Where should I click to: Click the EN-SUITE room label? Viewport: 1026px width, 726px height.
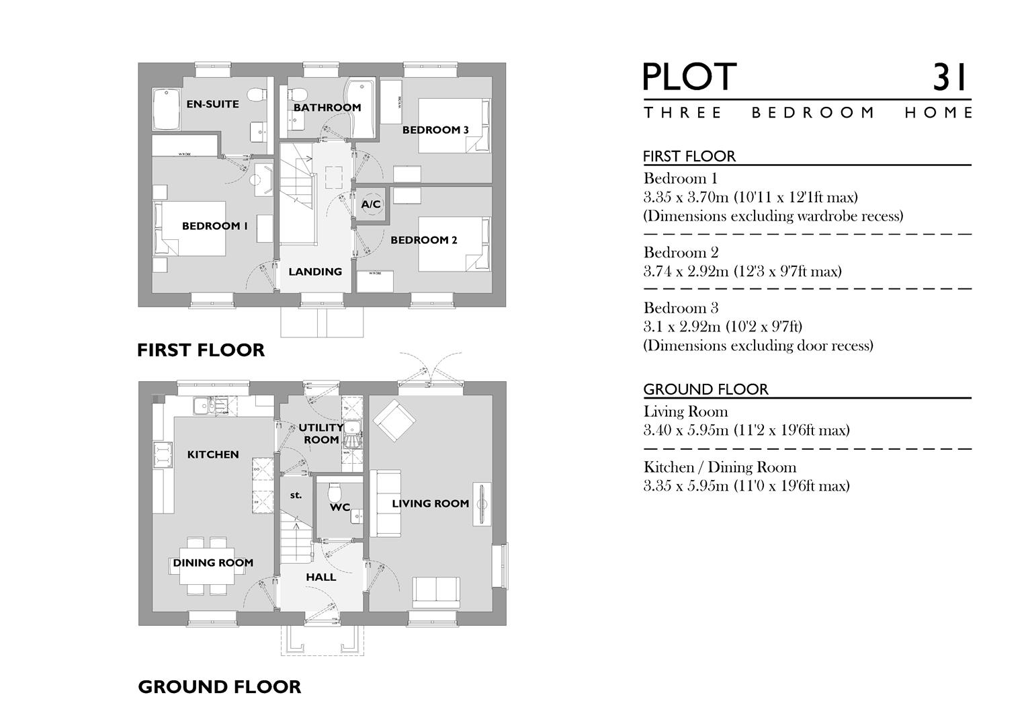click(212, 104)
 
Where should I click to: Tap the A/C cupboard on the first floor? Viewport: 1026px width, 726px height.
click(371, 204)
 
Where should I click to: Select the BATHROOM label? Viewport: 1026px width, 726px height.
click(327, 108)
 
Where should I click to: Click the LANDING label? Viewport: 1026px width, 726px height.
click(315, 272)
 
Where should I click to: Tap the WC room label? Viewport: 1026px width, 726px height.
click(340, 508)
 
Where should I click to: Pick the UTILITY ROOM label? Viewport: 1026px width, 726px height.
click(321, 434)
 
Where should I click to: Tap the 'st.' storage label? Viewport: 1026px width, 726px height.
click(296, 495)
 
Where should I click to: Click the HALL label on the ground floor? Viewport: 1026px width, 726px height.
click(320, 577)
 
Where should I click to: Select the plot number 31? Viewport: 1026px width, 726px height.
click(949, 77)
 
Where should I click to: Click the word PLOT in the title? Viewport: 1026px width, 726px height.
click(689, 77)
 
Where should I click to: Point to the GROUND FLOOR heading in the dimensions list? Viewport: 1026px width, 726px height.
click(706, 389)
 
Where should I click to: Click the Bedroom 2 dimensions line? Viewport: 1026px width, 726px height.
click(742, 272)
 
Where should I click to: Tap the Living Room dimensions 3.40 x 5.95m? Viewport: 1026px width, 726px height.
click(746, 430)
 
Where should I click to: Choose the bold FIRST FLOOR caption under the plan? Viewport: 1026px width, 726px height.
click(201, 350)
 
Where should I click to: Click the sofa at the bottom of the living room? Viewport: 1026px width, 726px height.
click(436, 590)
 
